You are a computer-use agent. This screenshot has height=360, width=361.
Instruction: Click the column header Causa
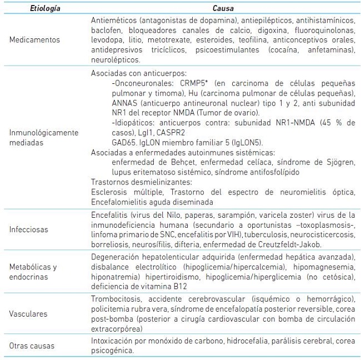point(223,9)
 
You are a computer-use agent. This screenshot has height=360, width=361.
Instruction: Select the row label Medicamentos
point(35,40)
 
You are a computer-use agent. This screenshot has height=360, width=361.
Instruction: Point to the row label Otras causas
point(32,346)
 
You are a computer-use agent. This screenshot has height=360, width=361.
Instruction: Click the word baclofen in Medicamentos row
point(106,30)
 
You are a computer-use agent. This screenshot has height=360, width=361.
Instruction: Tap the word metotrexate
point(158,40)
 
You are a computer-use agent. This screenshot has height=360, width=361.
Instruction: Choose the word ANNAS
point(125,102)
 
